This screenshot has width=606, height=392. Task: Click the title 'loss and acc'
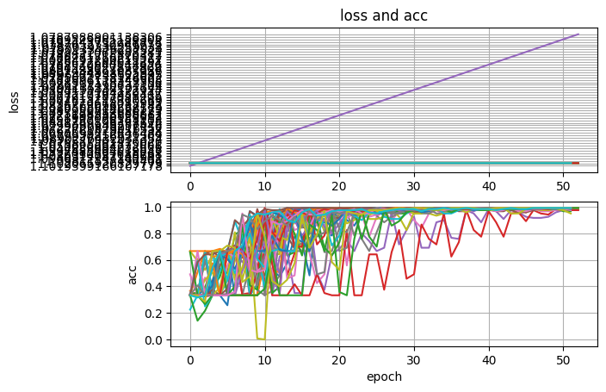(384, 15)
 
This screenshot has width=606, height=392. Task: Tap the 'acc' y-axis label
(133, 275)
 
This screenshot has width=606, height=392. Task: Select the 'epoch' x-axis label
(384, 376)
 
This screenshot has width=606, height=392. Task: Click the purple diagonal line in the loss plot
(384, 99)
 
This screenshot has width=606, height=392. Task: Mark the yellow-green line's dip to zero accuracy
(261, 339)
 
